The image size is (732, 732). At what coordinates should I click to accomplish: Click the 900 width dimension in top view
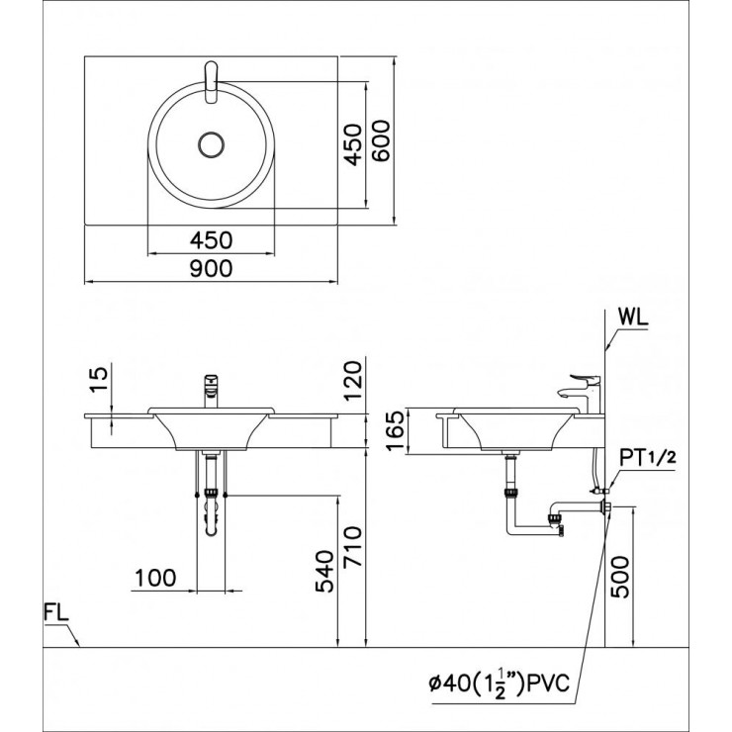212,268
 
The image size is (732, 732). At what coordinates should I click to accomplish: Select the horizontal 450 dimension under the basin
212,239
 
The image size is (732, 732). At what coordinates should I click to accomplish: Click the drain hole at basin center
212,144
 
